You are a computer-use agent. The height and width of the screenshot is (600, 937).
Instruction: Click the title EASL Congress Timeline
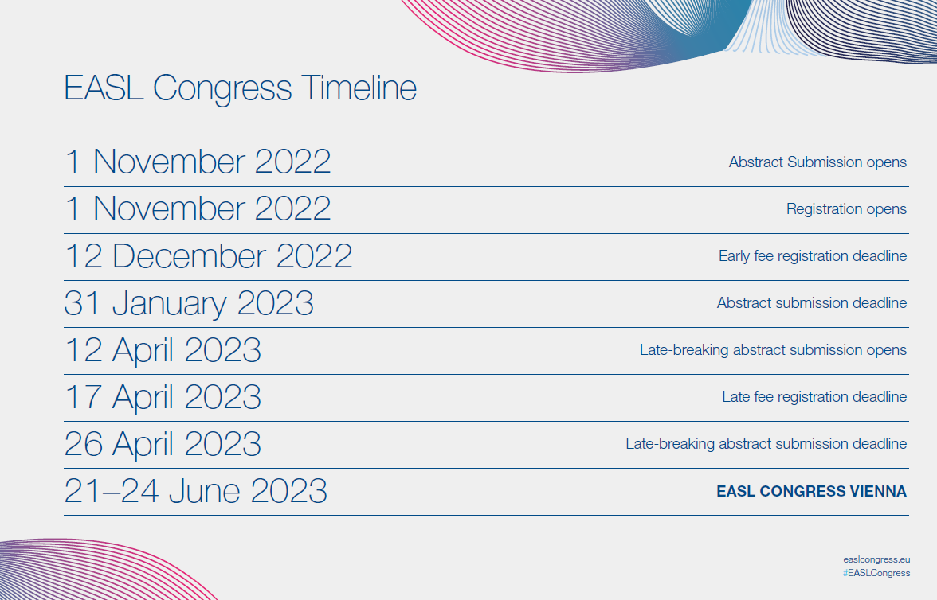click(x=241, y=88)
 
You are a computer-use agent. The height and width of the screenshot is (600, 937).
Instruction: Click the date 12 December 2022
click(x=208, y=256)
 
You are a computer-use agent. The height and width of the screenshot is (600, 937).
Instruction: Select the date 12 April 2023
click(x=163, y=351)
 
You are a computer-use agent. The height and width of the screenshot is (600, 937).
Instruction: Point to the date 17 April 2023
click(x=163, y=398)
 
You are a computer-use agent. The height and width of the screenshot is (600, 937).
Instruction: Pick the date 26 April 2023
click(x=163, y=445)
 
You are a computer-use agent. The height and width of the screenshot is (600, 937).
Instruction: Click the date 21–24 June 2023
click(x=195, y=491)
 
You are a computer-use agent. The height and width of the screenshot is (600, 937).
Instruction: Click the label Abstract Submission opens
click(x=817, y=163)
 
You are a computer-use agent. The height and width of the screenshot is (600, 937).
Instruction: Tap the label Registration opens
click(x=846, y=209)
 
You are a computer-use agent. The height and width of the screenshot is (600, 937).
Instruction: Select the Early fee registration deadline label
click(x=813, y=257)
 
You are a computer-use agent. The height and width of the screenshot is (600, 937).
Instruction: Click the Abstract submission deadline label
click(x=811, y=302)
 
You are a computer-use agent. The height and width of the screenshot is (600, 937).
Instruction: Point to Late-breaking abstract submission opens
click(x=773, y=350)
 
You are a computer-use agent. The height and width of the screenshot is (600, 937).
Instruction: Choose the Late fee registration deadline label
click(x=814, y=398)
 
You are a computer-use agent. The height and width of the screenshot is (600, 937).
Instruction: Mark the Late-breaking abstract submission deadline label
click(x=766, y=444)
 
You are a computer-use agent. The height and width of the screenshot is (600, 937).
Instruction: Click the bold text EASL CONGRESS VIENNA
click(x=811, y=491)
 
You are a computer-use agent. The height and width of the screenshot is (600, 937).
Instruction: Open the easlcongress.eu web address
click(x=876, y=560)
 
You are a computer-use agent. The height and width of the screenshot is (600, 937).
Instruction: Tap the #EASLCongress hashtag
click(x=876, y=573)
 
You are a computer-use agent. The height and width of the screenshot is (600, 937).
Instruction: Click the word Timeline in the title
click(x=359, y=88)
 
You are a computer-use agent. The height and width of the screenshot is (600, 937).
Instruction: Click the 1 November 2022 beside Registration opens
click(x=198, y=209)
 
